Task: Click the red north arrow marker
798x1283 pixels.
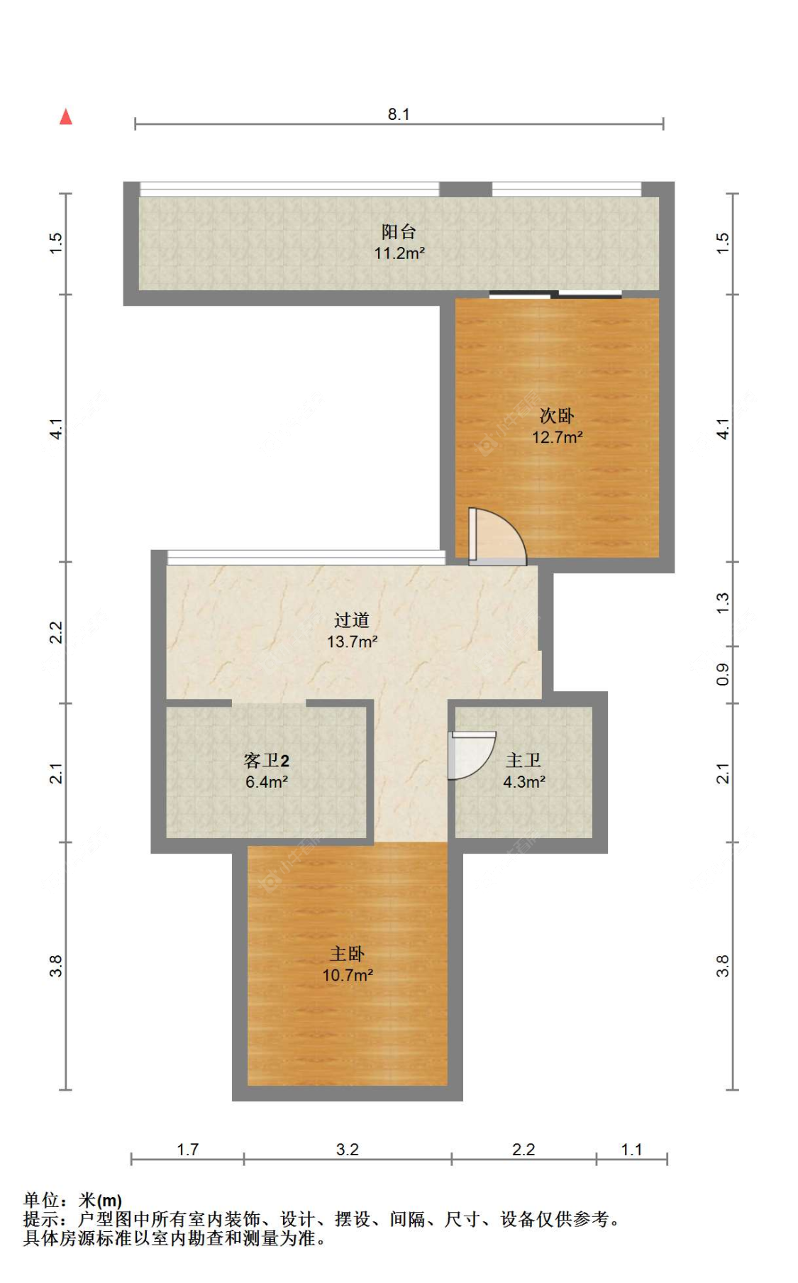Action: pyautogui.click(x=66, y=116)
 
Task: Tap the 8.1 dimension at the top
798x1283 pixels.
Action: pyautogui.click(x=399, y=114)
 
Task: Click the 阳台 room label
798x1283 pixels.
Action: pyautogui.click(x=399, y=231)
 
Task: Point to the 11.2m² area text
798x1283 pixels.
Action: pyautogui.click(x=399, y=253)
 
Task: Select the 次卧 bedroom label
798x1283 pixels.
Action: pyautogui.click(x=557, y=415)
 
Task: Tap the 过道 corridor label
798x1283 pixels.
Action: pyautogui.click(x=352, y=620)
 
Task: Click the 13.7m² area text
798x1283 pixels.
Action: pyautogui.click(x=352, y=641)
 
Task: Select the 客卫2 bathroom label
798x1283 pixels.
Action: pyautogui.click(x=266, y=761)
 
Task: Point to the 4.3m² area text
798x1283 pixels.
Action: pyautogui.click(x=524, y=782)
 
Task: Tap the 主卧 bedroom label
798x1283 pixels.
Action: pyautogui.click(x=348, y=954)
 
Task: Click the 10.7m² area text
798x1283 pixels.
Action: pyautogui.click(x=348, y=975)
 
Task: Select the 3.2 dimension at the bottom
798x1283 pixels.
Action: pyautogui.click(x=348, y=1149)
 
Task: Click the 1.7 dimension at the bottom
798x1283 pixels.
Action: pyautogui.click(x=187, y=1149)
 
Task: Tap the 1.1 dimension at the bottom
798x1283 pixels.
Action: pyautogui.click(x=631, y=1149)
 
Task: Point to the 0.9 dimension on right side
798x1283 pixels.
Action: pyautogui.click(x=722, y=674)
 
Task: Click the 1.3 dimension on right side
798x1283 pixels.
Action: pyautogui.click(x=722, y=603)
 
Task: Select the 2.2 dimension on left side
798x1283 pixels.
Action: pyautogui.click(x=56, y=632)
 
